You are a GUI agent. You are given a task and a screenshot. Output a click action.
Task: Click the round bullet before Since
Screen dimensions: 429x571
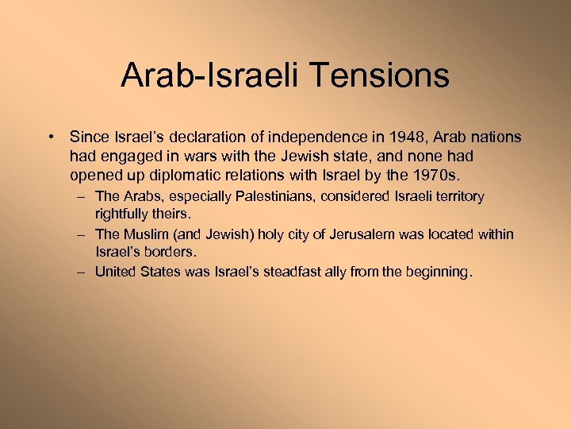52,137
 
